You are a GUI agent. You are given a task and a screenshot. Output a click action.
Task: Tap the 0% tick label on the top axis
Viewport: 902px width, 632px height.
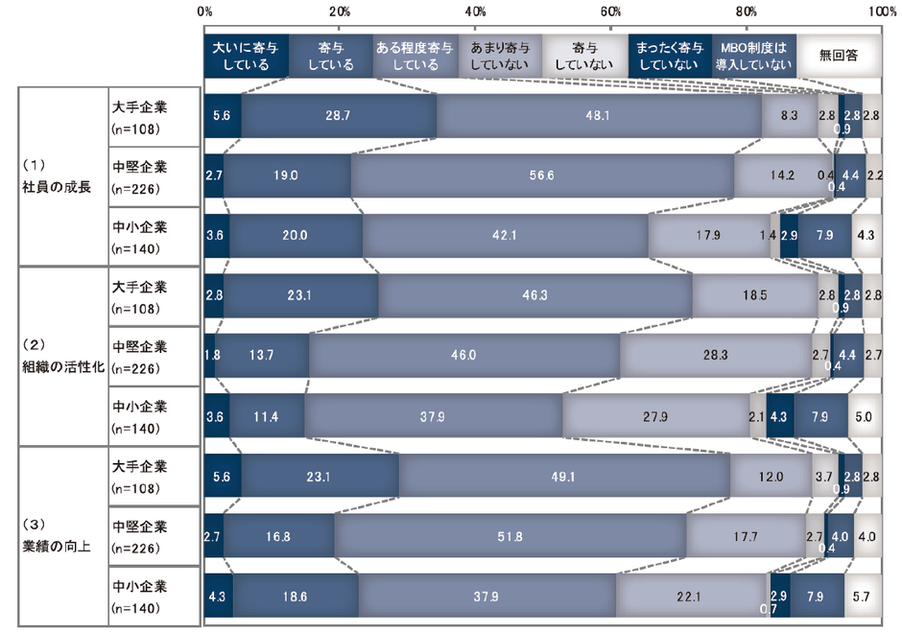(204, 11)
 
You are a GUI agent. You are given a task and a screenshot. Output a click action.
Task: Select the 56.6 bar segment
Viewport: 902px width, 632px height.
(542, 176)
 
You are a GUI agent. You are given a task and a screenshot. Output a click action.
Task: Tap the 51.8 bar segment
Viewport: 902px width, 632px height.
(510, 535)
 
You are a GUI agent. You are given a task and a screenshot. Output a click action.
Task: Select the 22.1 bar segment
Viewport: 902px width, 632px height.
(692, 596)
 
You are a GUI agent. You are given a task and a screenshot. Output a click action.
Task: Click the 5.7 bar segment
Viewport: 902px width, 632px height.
(863, 596)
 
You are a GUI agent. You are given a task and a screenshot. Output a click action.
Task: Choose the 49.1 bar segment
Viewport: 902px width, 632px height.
(564, 476)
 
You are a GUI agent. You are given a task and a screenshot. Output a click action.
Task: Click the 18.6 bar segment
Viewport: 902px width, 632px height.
(296, 596)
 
